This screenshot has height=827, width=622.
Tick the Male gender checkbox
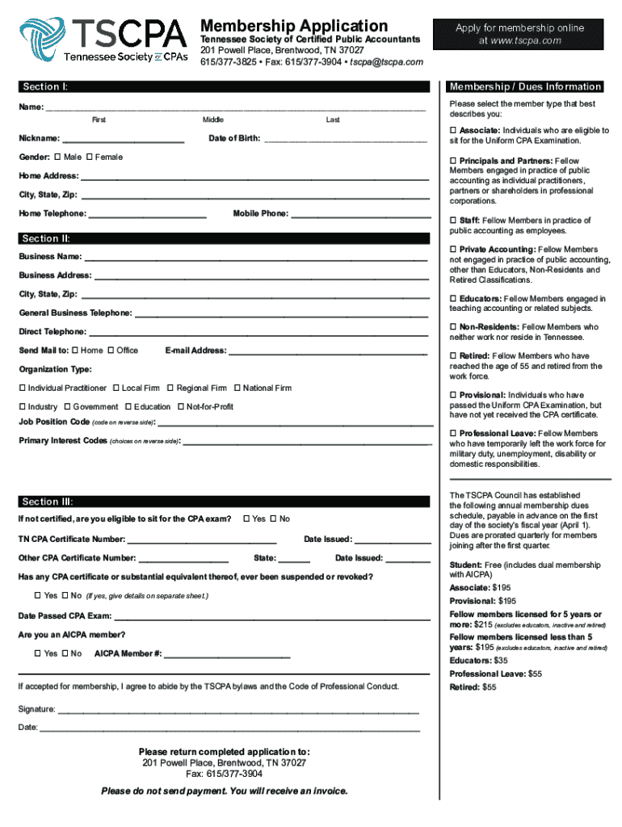pos(57,157)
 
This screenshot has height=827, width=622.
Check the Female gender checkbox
pos(90,157)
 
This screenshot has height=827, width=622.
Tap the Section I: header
pos(45,86)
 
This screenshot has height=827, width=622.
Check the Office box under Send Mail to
pos(111,351)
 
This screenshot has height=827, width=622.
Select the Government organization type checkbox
pos(67,407)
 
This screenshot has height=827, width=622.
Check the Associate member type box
pos(453,131)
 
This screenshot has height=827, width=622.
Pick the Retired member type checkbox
pos(453,356)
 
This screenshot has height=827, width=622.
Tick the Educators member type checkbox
pos(453,299)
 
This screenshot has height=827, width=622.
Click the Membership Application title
pos(294,26)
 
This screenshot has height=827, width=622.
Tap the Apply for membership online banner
pos(519,34)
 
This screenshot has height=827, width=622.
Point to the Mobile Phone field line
pos(358,216)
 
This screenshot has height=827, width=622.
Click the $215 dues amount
pos(483,625)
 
